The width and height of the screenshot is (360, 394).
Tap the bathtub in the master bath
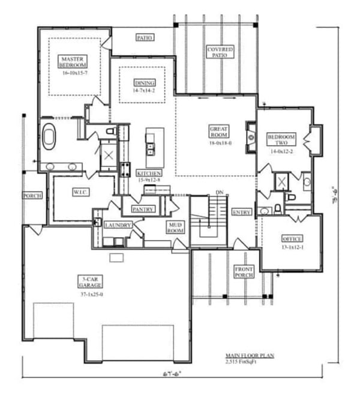point(49,136)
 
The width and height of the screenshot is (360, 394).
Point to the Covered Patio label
point(220,52)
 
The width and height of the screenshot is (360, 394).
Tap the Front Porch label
point(245,271)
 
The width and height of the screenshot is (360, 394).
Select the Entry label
point(242,212)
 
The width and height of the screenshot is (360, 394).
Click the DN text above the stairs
point(219,193)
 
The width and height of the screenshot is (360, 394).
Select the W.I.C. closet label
point(80,192)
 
